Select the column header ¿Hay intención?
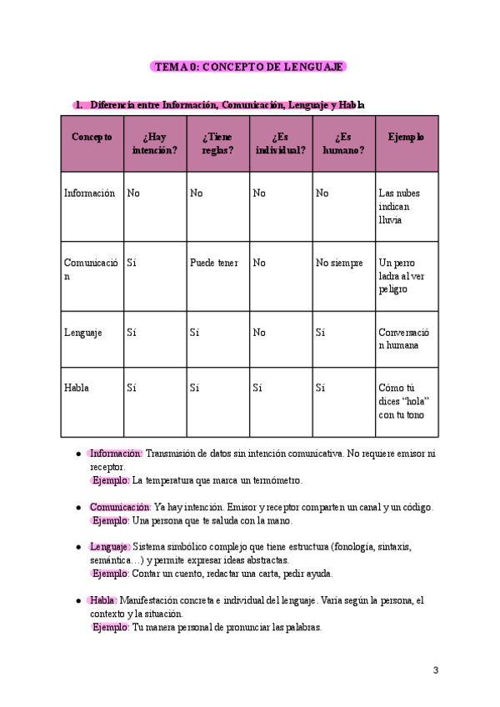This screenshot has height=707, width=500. pos(155,143)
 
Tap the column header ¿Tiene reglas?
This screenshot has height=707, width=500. pos(217,143)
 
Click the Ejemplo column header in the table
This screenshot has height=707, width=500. pos(406,137)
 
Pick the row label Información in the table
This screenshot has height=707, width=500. pos(89,193)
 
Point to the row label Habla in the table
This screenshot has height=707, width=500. pos(77,388)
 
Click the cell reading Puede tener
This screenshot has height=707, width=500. pos(213,263)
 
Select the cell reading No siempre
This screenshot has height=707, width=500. pos(339,263)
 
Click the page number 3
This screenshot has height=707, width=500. pos(435,670)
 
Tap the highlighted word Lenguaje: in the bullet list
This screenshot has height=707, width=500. pos(110,547)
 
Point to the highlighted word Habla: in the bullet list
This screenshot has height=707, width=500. pos(103,600)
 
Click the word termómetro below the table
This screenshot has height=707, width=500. pos(276,481)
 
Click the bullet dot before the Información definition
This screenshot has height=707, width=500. pos(78,454)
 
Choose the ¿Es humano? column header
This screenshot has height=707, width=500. pos(343,143)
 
